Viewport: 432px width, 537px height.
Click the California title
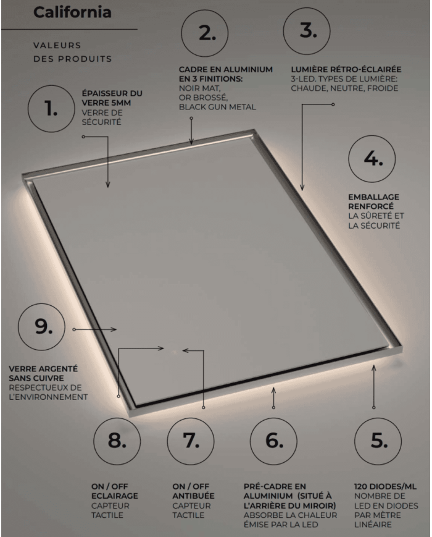73,12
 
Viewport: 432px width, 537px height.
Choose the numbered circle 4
372,159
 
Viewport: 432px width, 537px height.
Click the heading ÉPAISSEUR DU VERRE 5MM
112,99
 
